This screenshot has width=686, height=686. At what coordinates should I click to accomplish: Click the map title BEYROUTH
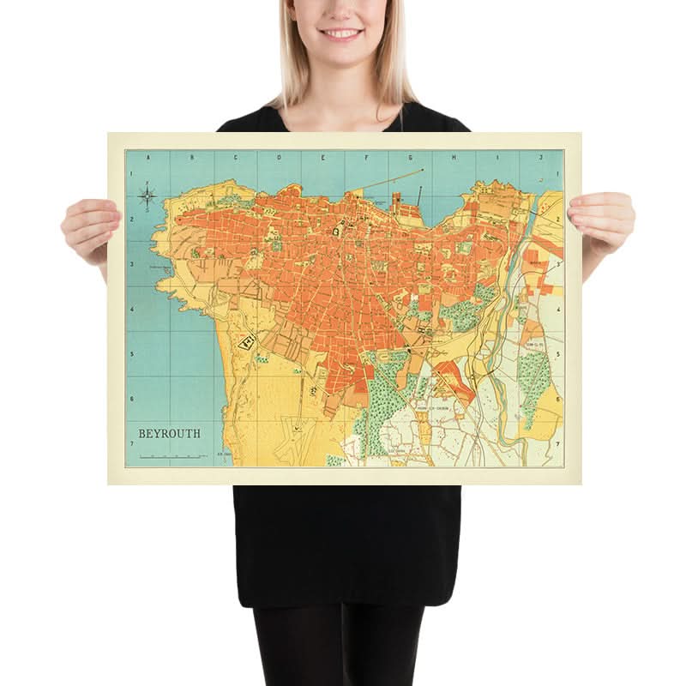coord(165,434)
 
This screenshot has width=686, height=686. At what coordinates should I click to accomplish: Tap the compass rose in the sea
coord(147,197)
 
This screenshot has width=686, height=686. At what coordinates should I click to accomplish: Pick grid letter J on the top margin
coord(542,157)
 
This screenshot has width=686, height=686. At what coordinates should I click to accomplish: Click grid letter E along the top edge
coord(323,157)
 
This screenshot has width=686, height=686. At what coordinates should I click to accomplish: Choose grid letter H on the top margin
coord(454,157)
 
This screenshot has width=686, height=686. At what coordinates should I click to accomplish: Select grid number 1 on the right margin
coord(559,174)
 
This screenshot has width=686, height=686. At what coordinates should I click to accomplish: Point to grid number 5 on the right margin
coord(559,354)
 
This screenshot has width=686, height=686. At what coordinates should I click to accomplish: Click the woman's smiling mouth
coord(342,33)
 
